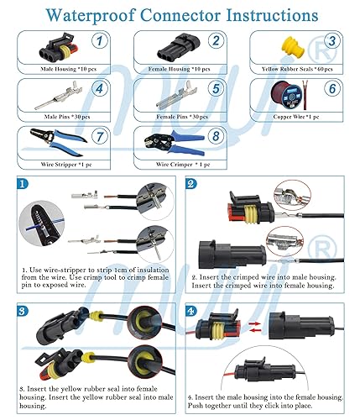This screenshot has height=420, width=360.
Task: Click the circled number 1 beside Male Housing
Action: click(99, 42)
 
